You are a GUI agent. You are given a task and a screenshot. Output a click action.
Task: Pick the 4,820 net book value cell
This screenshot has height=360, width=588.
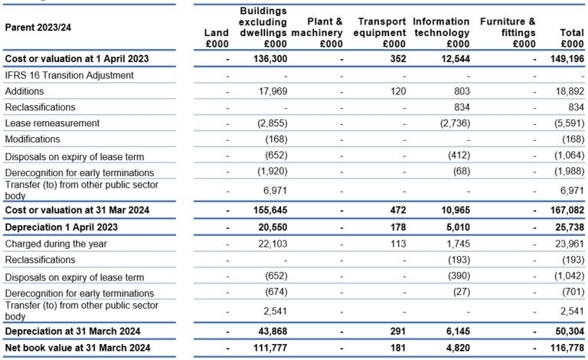click(x=456, y=349)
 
